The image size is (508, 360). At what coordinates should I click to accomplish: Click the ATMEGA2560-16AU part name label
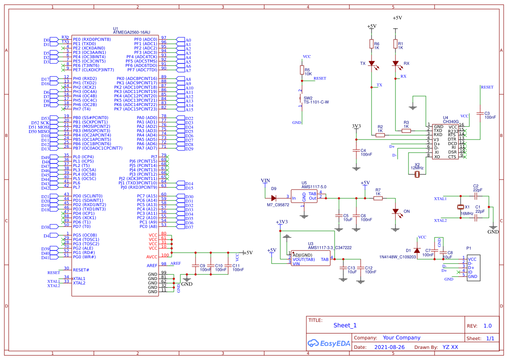click(x=131, y=32)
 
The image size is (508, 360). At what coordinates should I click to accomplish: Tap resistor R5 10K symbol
click(x=302, y=70)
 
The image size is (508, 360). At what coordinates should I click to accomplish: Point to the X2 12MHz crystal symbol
click(x=417, y=174)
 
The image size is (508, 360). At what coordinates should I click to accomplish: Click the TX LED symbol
click(x=372, y=63)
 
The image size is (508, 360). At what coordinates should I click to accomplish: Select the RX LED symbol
click(x=395, y=63)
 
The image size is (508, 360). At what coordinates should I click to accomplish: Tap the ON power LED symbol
click(x=395, y=211)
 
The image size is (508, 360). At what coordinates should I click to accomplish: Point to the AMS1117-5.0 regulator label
click(x=314, y=187)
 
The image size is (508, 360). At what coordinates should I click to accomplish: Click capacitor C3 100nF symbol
click(x=480, y=114)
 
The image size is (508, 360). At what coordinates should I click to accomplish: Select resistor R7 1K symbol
click(x=378, y=198)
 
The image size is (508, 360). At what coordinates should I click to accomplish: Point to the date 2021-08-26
click(x=389, y=347)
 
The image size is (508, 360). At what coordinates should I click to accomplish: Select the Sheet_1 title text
click(x=345, y=325)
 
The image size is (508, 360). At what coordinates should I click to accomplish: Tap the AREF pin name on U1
click(x=152, y=265)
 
